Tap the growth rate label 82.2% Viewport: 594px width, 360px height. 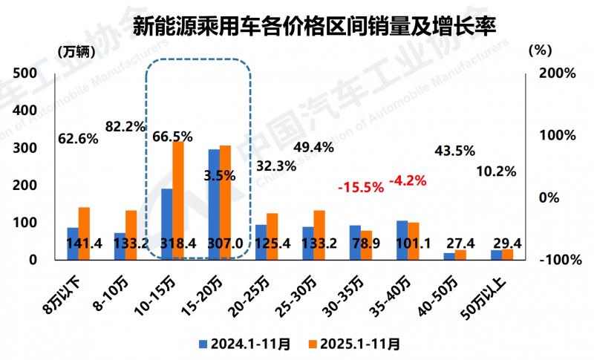tap(125, 127)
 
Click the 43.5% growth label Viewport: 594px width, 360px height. tap(454, 151)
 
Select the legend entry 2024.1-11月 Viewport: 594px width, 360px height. tap(246, 344)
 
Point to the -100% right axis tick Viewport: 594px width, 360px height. tap(557, 260)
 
